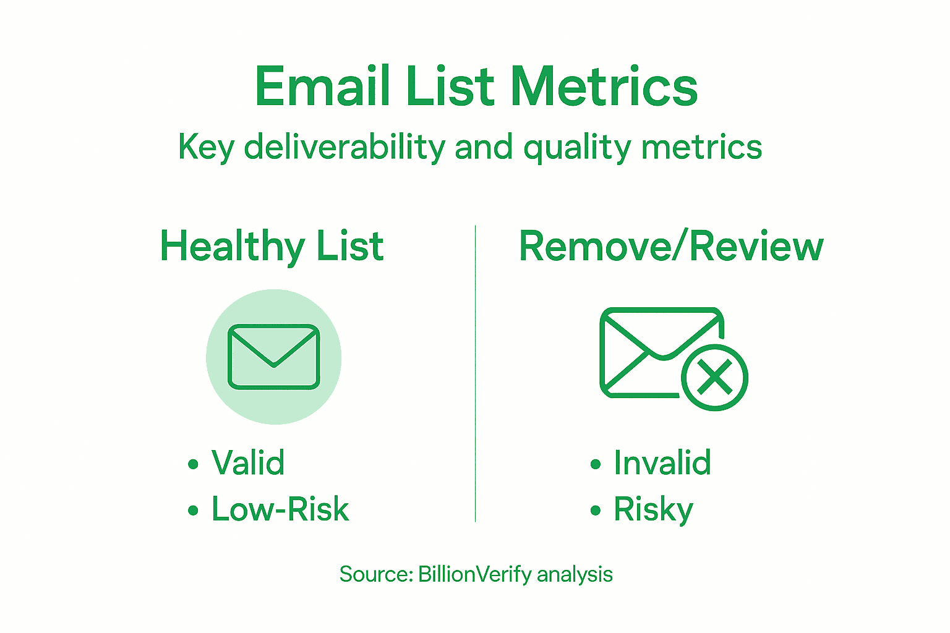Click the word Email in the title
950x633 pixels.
click(x=322, y=87)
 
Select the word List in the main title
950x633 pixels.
click(x=451, y=87)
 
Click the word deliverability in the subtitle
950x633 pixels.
click(x=344, y=147)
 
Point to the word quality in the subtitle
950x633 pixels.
click(x=576, y=148)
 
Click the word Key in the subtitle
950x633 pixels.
click(x=207, y=148)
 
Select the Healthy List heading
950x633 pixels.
click(x=272, y=246)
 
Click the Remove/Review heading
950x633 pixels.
click(x=671, y=246)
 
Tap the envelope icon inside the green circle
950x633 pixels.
click(x=273, y=357)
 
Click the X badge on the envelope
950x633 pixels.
click(x=714, y=377)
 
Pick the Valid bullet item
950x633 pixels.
click(x=247, y=462)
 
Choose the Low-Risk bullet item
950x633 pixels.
click(x=280, y=509)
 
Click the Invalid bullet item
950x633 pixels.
click(x=662, y=462)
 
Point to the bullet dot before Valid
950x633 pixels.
click(x=194, y=464)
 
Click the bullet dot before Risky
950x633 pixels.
click(x=596, y=511)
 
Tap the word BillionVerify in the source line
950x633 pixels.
click(x=474, y=574)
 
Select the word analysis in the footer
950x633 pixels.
click(x=575, y=575)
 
